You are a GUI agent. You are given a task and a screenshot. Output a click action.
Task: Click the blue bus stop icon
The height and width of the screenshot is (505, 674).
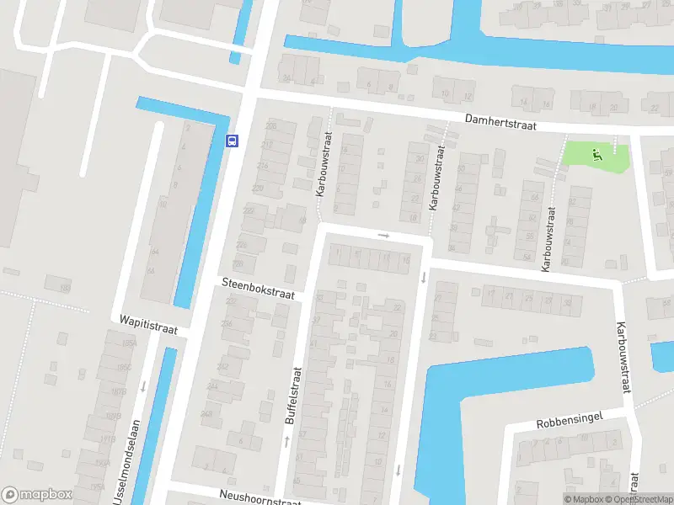(233, 141)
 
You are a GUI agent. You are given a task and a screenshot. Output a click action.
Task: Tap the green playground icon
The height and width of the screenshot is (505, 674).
(596, 153)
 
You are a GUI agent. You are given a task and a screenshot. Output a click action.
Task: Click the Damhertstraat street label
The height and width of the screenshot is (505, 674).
(502, 122)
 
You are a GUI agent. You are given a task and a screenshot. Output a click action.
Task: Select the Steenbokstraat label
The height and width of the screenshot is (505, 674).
(259, 289)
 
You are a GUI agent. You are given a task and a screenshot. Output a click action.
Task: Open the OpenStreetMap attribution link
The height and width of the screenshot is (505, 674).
(639, 499)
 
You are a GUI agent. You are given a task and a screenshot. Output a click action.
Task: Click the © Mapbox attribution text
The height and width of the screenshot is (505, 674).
(584, 499)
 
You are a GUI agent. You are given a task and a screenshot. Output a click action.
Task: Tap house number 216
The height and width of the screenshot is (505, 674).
(262, 166)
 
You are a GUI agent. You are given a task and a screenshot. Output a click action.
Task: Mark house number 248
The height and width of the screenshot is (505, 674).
(206, 413)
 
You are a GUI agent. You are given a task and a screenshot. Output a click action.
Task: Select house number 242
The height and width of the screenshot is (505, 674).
(223, 366)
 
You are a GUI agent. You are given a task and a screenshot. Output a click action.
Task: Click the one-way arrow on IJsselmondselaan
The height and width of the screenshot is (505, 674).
(143, 387)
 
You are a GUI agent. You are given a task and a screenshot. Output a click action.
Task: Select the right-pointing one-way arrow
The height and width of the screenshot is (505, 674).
(384, 236)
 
